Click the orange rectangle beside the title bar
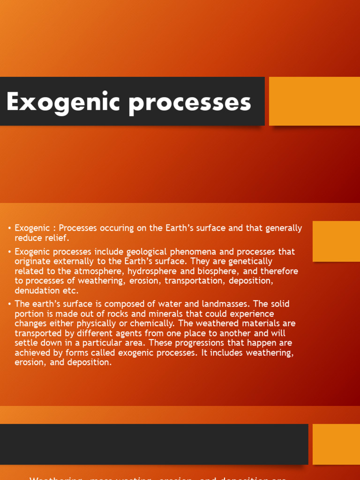[314, 101]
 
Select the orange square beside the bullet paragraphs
[336, 241]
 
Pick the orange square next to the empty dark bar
[336, 444]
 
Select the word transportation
[193, 281]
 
